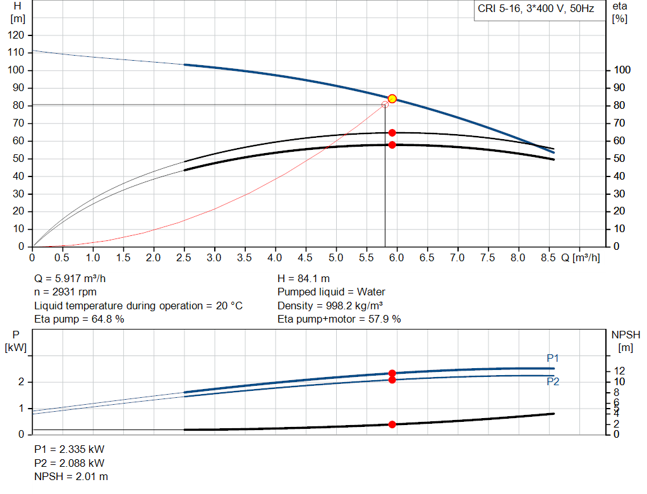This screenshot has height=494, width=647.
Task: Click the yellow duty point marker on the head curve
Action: point(392,99)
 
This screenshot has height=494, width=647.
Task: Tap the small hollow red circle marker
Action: point(385,104)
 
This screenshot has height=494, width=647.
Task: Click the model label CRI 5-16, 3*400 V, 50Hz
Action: point(536,10)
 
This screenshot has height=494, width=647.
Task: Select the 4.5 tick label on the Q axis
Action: point(305,258)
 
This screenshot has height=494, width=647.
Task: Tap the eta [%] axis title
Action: point(619,12)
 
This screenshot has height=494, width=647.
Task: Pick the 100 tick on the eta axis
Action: point(622,70)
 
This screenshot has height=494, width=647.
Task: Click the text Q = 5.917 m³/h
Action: point(75,278)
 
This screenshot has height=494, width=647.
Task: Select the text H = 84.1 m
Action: point(303,278)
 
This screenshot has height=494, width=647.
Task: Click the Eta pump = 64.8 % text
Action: point(79,319)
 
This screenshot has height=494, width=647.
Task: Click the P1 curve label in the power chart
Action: point(553,359)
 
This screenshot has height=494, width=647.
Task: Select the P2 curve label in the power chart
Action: point(553,382)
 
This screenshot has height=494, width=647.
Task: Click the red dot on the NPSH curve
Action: point(392,424)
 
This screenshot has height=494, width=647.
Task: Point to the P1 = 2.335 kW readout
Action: point(69,449)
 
